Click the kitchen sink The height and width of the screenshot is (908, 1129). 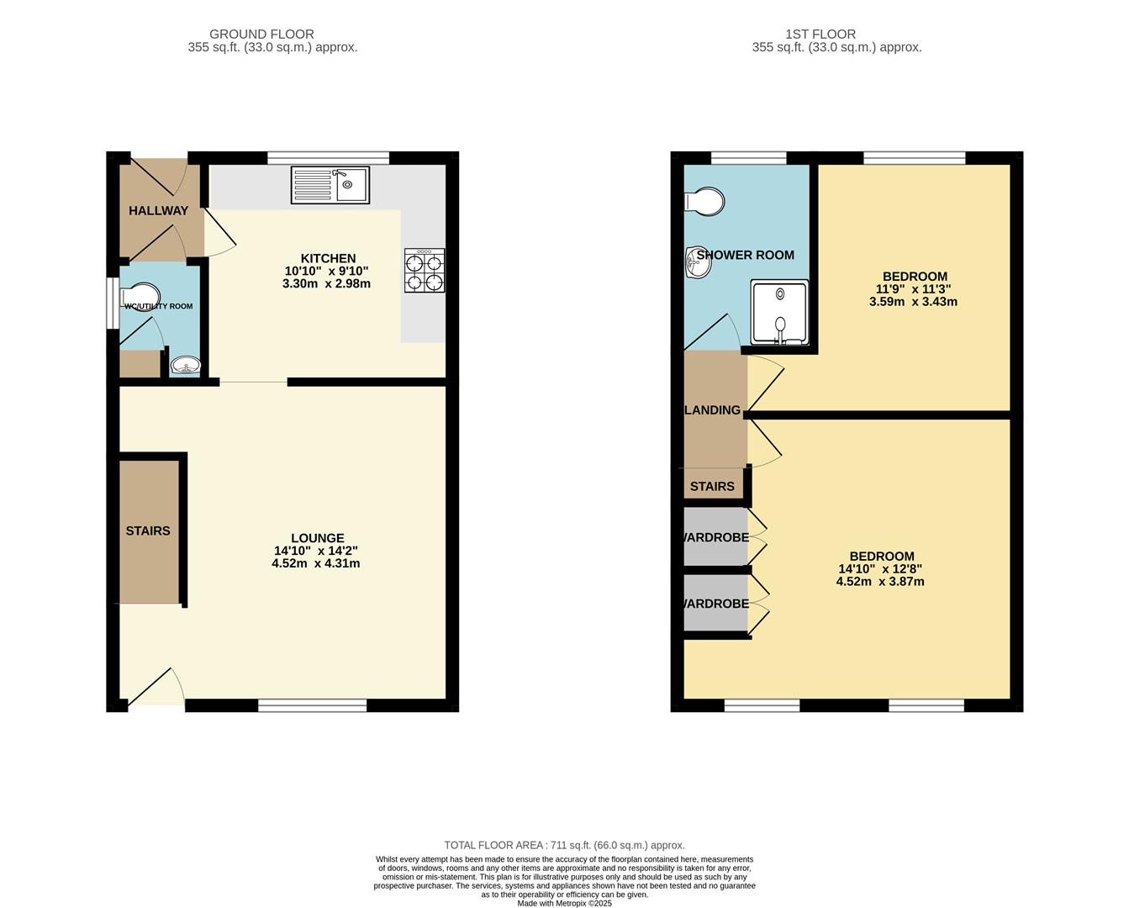(x=330, y=185)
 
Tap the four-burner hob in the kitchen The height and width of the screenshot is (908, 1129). (x=425, y=271)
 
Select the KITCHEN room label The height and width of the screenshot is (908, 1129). (x=329, y=258)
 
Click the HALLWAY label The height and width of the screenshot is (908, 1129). (x=158, y=210)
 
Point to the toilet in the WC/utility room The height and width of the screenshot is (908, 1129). (x=140, y=297)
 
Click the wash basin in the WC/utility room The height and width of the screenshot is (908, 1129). (x=186, y=365)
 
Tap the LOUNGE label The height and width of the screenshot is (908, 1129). (x=318, y=538)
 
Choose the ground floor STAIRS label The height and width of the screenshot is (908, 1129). (x=148, y=531)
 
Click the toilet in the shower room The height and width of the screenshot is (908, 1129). (x=704, y=201)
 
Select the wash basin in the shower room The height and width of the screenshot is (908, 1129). (x=699, y=262)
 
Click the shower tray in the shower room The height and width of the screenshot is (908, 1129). (x=779, y=313)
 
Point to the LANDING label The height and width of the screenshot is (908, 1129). (x=713, y=410)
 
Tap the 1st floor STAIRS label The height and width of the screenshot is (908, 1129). (x=712, y=487)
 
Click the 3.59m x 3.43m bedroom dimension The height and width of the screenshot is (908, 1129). (x=914, y=302)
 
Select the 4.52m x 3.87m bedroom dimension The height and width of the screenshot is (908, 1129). (x=880, y=582)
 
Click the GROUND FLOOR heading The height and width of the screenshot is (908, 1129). (x=261, y=34)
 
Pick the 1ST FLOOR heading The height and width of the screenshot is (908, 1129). (x=820, y=34)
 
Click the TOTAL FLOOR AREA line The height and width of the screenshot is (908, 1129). (x=565, y=845)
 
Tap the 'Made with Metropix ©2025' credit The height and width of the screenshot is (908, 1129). (x=565, y=903)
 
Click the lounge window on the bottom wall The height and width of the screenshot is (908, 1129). (x=312, y=705)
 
